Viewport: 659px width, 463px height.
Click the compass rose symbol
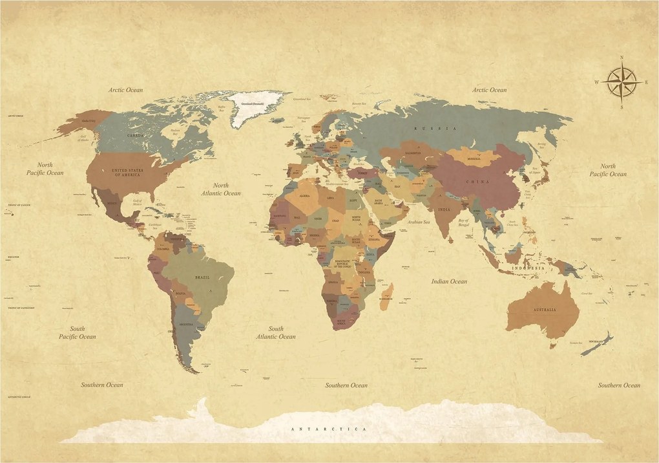click(622, 82)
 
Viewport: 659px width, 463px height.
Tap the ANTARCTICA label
click(329, 429)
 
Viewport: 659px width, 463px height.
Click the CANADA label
click(135, 136)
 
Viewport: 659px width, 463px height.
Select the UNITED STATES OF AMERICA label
click(125, 171)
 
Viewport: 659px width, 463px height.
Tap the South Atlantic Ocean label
click(276, 332)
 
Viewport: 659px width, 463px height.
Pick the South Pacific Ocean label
click(77, 332)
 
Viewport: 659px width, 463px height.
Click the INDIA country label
click(444, 210)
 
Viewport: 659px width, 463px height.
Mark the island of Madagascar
click(386, 294)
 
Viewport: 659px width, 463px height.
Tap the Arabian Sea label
click(419, 222)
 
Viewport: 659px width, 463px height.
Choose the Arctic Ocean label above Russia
click(489, 90)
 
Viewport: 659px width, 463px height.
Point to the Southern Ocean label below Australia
click(619, 385)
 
